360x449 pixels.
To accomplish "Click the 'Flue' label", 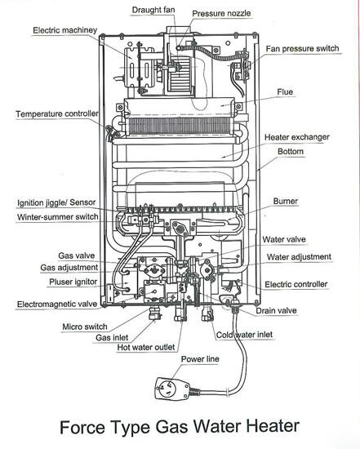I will click(x=287, y=92).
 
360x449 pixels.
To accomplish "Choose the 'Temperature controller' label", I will click(x=57, y=113).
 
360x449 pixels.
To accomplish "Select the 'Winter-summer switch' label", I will click(x=58, y=217).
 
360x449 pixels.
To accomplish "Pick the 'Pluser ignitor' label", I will click(x=69, y=282).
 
